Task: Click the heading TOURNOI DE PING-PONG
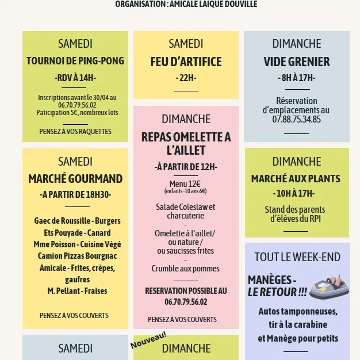[x=75, y=61]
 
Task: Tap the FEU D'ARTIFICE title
[x=186, y=62]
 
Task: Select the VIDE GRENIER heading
[x=297, y=62]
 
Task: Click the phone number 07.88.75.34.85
[x=297, y=120]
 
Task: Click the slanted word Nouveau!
[x=148, y=340]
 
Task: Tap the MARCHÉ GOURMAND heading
[x=75, y=179]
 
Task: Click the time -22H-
[x=186, y=78]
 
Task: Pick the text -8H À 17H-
[x=297, y=78]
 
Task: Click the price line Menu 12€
[x=185, y=183]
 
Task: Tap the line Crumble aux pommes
[x=185, y=269]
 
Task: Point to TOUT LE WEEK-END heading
[x=297, y=257]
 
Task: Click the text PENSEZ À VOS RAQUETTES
[x=75, y=132]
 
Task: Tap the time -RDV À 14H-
[x=75, y=78]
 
